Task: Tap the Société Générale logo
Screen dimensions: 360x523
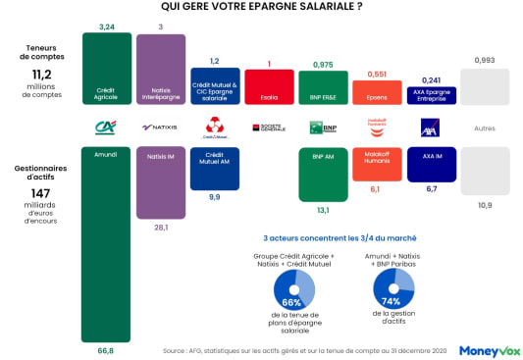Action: (x=269, y=128)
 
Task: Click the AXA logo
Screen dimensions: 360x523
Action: (x=429, y=128)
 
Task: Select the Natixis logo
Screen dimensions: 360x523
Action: (x=160, y=128)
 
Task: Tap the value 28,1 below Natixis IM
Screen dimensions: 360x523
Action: (x=162, y=227)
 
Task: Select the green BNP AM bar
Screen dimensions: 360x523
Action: (x=323, y=173)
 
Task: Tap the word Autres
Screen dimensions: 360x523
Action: (x=484, y=129)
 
